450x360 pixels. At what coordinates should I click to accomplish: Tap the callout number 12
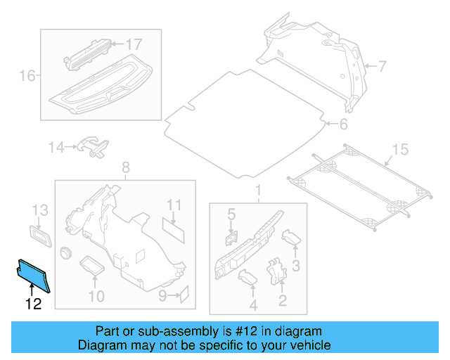click(x=33, y=304)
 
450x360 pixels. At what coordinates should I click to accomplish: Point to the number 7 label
click(x=382, y=67)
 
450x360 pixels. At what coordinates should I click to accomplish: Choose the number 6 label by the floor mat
click(x=343, y=125)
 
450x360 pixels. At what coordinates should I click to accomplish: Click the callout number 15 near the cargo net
click(x=399, y=149)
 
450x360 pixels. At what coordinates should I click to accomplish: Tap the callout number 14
click(x=56, y=147)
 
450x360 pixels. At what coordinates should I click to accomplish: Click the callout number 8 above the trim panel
click(x=126, y=167)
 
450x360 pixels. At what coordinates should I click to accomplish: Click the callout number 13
click(x=40, y=210)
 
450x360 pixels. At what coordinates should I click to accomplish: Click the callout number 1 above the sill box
click(x=257, y=191)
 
